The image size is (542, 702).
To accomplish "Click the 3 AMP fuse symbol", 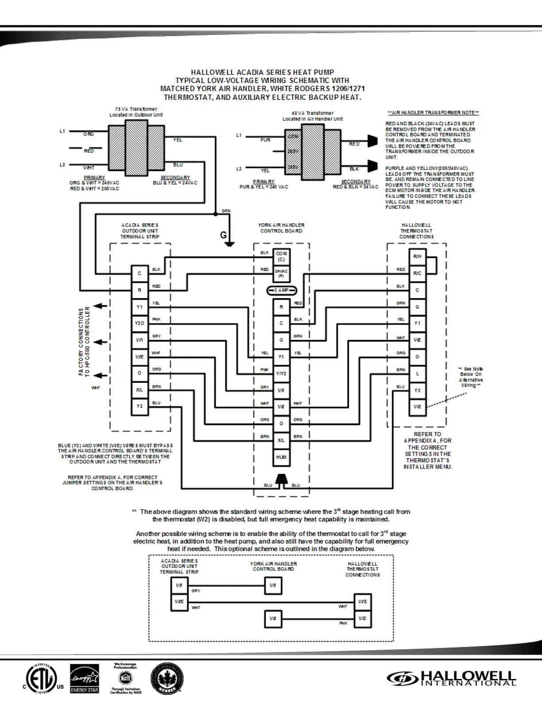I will pyautogui.click(x=281, y=290).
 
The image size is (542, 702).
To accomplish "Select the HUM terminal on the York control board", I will pyautogui.click(x=281, y=457).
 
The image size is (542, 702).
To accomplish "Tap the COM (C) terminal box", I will pyautogui.click(x=281, y=257).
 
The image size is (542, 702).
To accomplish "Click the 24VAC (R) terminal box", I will pyautogui.click(x=281, y=273).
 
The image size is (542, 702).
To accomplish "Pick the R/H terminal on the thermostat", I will pyautogui.click(x=417, y=257).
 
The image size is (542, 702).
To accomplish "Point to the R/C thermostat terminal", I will pyautogui.click(x=417, y=273).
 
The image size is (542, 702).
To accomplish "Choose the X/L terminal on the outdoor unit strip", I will pyautogui.click(x=139, y=390).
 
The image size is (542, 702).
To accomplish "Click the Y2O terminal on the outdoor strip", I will pyautogui.click(x=139, y=323).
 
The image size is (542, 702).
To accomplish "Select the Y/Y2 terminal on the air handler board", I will pyautogui.click(x=281, y=374).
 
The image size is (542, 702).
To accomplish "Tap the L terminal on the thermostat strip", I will pyautogui.click(x=417, y=374).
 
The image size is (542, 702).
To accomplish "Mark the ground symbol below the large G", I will pyautogui.click(x=229, y=243).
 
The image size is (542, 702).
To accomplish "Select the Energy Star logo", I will pyautogui.click(x=85, y=679).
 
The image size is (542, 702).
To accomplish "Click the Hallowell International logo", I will pyautogui.click(x=452, y=678).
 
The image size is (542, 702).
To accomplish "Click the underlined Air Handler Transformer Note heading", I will pyautogui.click(x=433, y=113).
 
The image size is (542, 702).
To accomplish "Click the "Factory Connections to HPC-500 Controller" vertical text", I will pyautogui.click(x=84, y=341).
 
